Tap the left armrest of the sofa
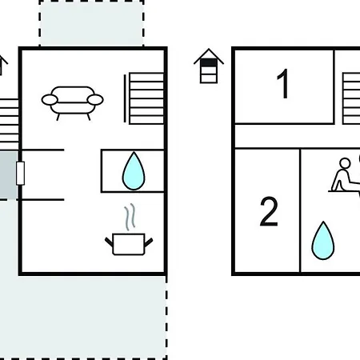50,100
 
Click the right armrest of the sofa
95,100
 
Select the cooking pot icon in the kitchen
129,243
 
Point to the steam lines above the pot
130,217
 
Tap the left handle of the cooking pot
109,242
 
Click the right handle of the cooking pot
149,242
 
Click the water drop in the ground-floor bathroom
134,171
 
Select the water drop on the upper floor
323,241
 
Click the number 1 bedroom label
282,83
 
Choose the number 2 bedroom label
269,211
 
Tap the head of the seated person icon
345,163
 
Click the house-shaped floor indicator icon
209,66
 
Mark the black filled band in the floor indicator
209,62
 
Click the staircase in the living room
146,98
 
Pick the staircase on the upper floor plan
351,98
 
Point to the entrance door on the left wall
21,173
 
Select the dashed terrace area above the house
91,23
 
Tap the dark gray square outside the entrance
8,175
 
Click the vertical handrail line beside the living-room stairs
125,98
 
